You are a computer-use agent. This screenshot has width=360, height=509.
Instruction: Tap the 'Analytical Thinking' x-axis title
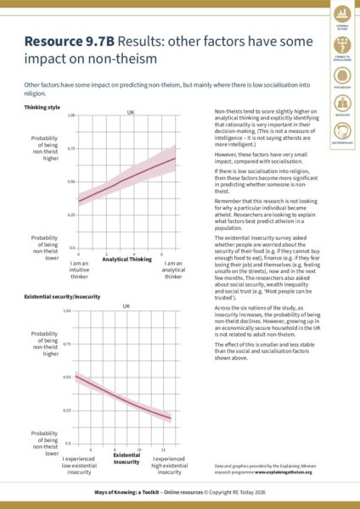pos(127,258)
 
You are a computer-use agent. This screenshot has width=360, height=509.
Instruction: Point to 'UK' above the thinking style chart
pos(131,112)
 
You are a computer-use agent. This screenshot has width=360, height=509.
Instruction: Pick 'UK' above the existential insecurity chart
pos(127,305)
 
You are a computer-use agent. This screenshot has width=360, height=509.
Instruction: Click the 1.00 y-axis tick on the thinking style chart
pos(71,115)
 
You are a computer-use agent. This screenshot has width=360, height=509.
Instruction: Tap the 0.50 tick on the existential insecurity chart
pos(67,377)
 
